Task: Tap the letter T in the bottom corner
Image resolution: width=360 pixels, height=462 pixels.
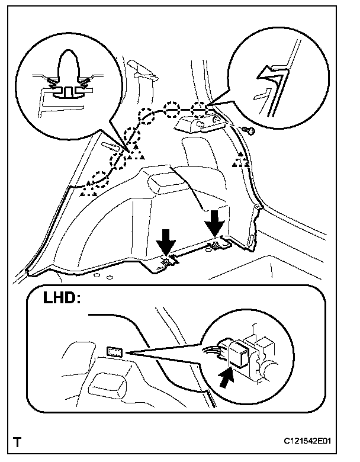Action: coord(19,441)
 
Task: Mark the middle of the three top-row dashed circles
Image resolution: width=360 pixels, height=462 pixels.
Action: coord(172,108)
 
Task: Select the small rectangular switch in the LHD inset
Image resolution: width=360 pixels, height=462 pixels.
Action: coord(114,353)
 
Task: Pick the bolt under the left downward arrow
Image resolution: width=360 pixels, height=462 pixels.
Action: coord(168,259)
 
